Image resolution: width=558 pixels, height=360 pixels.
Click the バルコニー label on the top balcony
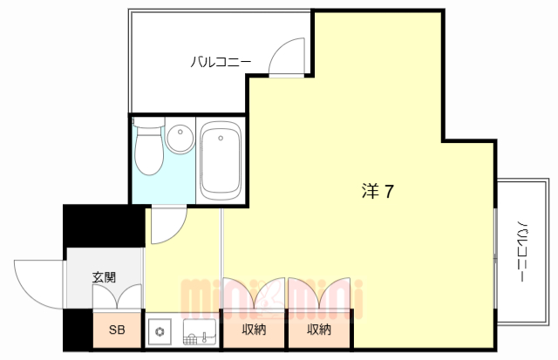click(221, 62)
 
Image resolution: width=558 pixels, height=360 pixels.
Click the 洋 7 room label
click(378, 191)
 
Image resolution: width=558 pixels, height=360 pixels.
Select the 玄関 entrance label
click(105, 278)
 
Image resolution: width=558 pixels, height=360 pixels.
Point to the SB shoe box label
click(117, 329)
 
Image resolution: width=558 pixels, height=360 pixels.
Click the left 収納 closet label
click(255, 329)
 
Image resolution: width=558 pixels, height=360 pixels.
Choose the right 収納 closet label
click(319, 329)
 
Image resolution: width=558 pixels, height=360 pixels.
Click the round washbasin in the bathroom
click(180, 139)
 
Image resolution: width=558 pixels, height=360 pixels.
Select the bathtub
click(221, 161)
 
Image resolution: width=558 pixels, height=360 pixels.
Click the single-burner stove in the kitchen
click(161, 331)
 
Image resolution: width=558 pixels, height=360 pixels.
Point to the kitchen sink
click(199, 331)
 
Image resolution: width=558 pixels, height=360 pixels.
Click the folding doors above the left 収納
click(255, 296)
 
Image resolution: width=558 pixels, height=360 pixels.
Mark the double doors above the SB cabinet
click(117, 299)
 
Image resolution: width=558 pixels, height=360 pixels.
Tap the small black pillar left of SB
click(79, 330)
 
